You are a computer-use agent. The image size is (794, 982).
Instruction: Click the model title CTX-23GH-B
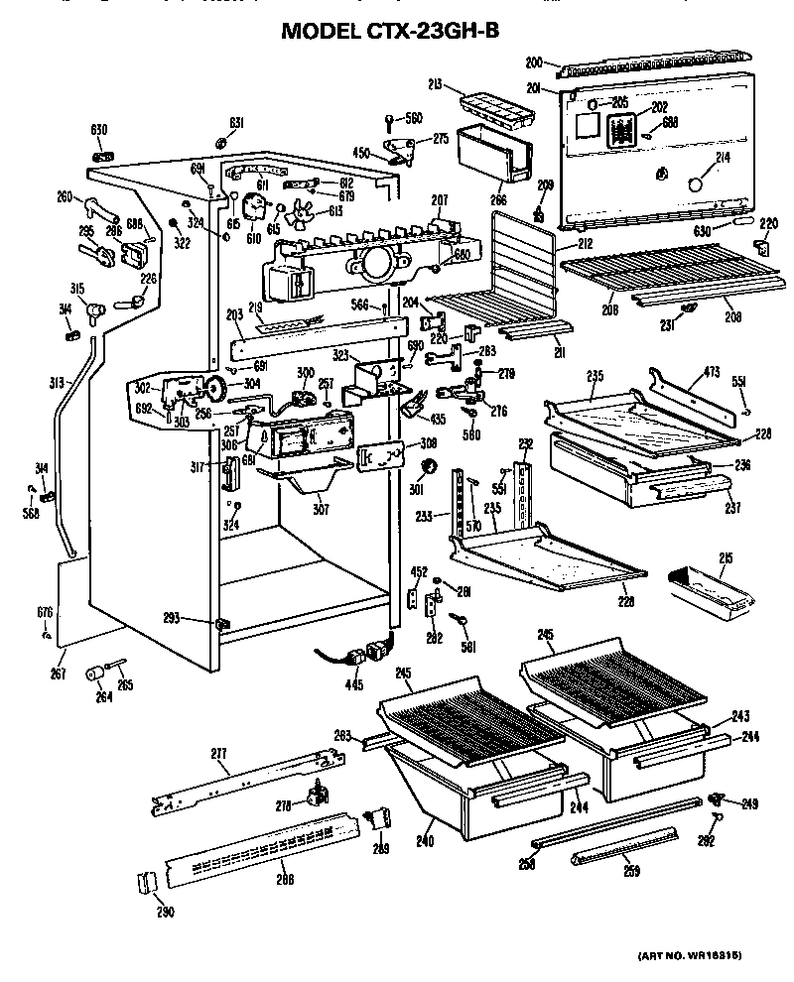(390, 31)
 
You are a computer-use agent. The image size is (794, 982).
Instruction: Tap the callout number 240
(426, 840)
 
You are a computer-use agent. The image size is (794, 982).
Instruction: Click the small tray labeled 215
(707, 585)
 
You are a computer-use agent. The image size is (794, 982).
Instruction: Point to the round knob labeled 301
(431, 466)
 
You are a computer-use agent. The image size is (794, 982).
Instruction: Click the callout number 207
(440, 202)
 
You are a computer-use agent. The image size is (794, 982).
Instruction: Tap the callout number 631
(236, 123)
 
